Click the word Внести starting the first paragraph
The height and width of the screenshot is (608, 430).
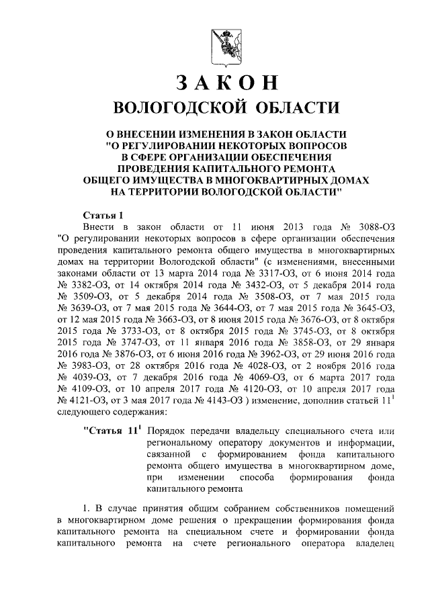(x=98, y=226)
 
